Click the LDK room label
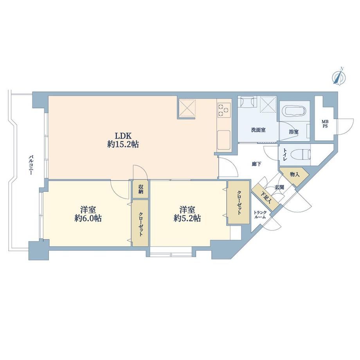123,136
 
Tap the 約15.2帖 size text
123,144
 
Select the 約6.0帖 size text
88,218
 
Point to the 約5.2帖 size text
187,218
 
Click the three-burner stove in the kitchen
224,109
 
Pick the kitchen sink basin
224,140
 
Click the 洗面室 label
258,130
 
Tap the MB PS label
325,124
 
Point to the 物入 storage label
295,175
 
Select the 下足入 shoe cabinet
265,198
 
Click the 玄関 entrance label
279,187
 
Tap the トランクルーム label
260,215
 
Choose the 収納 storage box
140,189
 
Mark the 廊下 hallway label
256,164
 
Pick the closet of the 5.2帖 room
239,202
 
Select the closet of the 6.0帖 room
140,223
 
